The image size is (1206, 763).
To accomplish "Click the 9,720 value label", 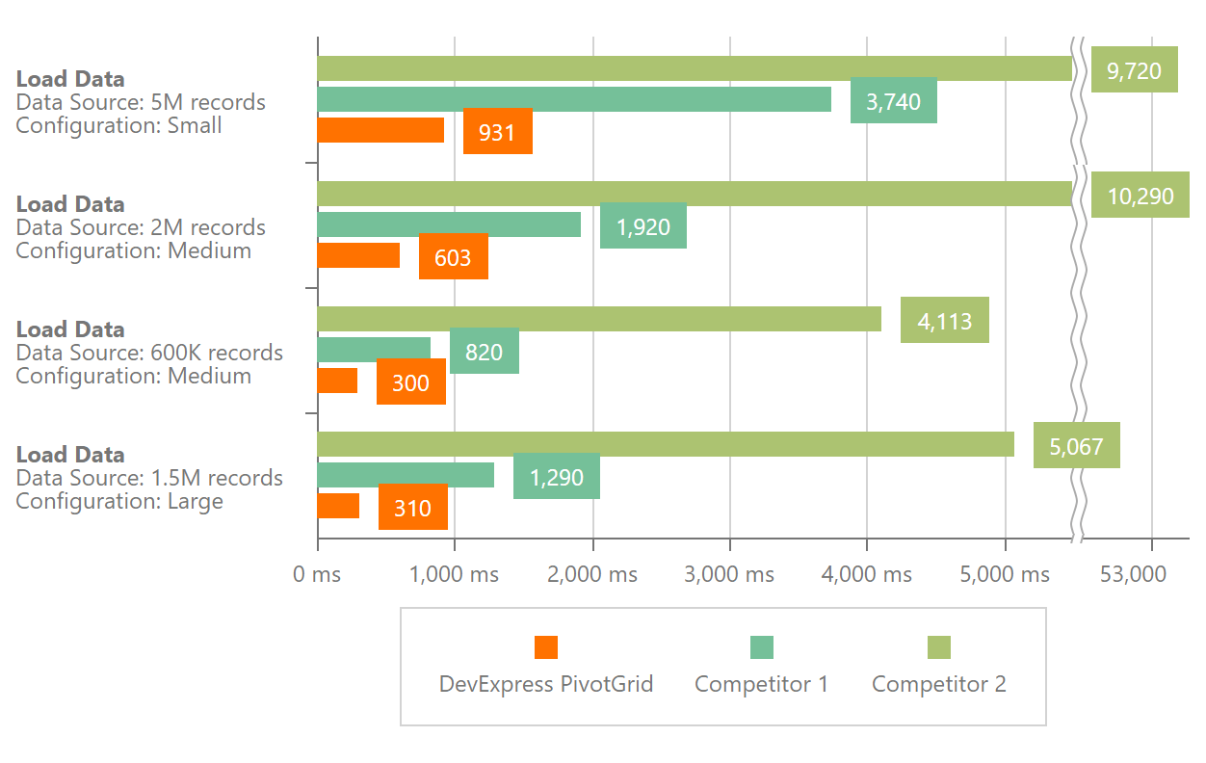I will (1134, 69).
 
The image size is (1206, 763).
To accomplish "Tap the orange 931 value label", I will (497, 131).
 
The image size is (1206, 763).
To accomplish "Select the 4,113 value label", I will (944, 320).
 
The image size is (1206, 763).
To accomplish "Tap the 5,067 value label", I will (1076, 445).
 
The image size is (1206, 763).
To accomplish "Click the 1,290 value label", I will (556, 476).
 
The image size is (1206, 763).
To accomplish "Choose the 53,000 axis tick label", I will (1133, 574).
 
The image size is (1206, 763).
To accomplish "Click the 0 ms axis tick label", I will (317, 574).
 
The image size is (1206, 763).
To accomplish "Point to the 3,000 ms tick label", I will (729, 574).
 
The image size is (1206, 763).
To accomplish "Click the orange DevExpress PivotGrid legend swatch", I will (545, 647).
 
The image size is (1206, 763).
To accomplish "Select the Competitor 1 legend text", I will (761, 684).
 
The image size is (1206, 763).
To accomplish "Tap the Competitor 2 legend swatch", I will (938, 647).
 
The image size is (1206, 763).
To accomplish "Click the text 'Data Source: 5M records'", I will (141, 102).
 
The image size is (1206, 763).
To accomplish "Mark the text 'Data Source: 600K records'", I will (149, 353).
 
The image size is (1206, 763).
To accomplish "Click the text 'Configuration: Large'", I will (119, 501).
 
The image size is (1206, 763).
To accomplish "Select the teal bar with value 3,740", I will (573, 99).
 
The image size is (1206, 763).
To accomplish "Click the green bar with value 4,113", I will (598, 319).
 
